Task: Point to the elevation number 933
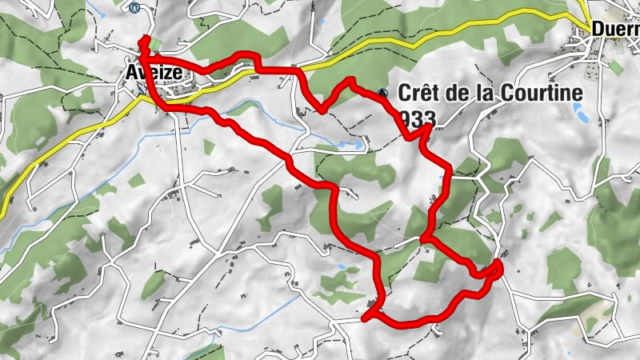(415, 118)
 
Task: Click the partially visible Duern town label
(615, 30)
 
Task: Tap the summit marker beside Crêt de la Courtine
(382, 93)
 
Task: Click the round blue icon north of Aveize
(134, 7)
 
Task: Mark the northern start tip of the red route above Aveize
(144, 38)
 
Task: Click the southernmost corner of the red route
(365, 318)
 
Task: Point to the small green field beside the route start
(156, 45)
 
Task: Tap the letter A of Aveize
(133, 73)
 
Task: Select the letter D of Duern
(599, 30)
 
